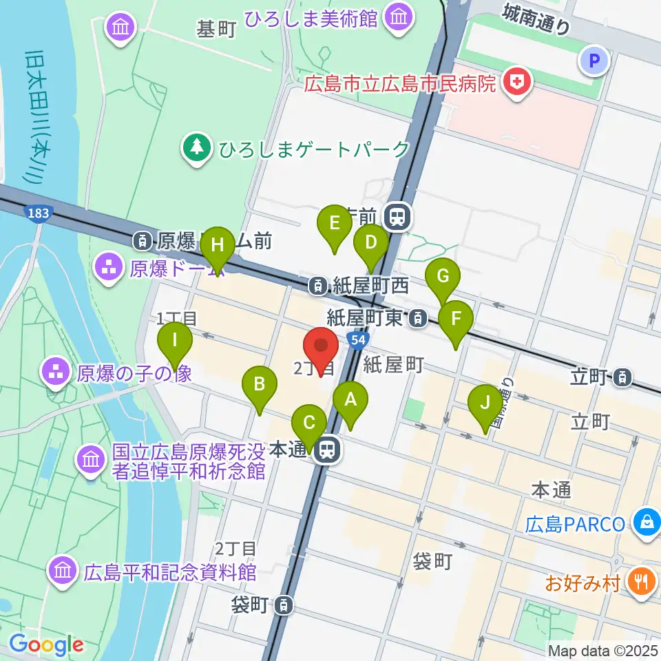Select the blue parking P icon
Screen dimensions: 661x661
[x=595, y=61]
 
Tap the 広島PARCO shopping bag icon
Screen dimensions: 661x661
[x=647, y=523]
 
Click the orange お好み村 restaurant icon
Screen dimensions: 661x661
[x=640, y=583]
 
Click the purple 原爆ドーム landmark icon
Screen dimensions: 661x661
[x=109, y=266]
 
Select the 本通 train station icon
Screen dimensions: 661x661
[x=326, y=450]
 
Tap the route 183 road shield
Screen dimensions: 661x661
[x=38, y=213]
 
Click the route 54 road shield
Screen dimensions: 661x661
[x=356, y=339]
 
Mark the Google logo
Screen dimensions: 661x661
[x=46, y=644]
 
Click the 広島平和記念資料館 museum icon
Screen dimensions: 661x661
[x=63, y=571]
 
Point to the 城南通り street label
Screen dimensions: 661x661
[x=536, y=19]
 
